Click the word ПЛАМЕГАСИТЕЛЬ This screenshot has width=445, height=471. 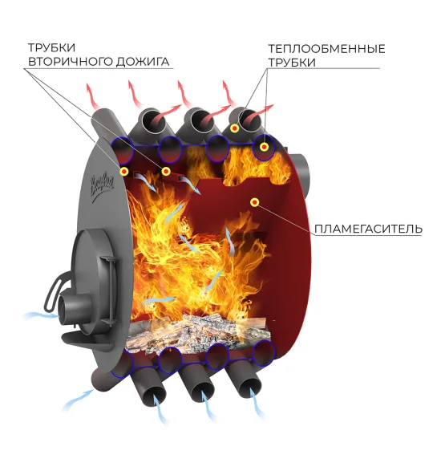click(368, 229)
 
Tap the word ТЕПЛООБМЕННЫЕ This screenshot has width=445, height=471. click(326, 49)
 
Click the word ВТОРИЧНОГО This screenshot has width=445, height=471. click(71, 62)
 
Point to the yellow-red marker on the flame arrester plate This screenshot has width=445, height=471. click(255, 203)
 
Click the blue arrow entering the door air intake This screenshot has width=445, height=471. click(41, 315)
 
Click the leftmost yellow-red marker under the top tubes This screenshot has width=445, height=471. click(124, 172)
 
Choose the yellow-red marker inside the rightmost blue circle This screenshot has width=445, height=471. click(264, 147)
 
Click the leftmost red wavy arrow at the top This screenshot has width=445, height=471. click(93, 96)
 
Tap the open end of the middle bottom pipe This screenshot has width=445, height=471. click(204, 392)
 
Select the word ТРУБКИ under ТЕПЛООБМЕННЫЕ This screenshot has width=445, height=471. click(292, 63)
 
